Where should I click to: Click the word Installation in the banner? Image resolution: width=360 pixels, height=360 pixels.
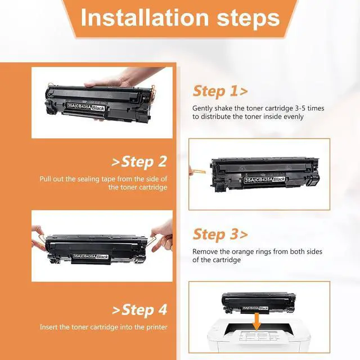pos(145,17)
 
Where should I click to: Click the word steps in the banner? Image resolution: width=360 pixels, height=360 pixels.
pos(248,19)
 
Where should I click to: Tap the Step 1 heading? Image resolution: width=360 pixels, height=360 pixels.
pos(220,91)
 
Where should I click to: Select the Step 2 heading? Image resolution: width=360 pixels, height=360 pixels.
pos(139,161)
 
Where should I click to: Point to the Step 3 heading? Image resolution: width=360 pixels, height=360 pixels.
pos(220,235)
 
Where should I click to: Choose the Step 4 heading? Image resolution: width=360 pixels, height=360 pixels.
pos(139,310)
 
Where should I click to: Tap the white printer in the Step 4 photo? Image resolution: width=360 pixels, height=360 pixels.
pos(259,336)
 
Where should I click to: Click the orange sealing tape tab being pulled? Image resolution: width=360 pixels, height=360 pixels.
pos(198,172)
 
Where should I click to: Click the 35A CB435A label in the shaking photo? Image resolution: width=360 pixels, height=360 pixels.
pos(86,107)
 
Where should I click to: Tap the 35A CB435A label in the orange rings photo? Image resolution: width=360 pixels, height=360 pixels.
pos(91,256)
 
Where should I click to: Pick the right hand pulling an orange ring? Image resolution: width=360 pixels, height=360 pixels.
pos(163,236)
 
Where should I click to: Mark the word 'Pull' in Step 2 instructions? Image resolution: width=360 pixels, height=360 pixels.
pos(45,179)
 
